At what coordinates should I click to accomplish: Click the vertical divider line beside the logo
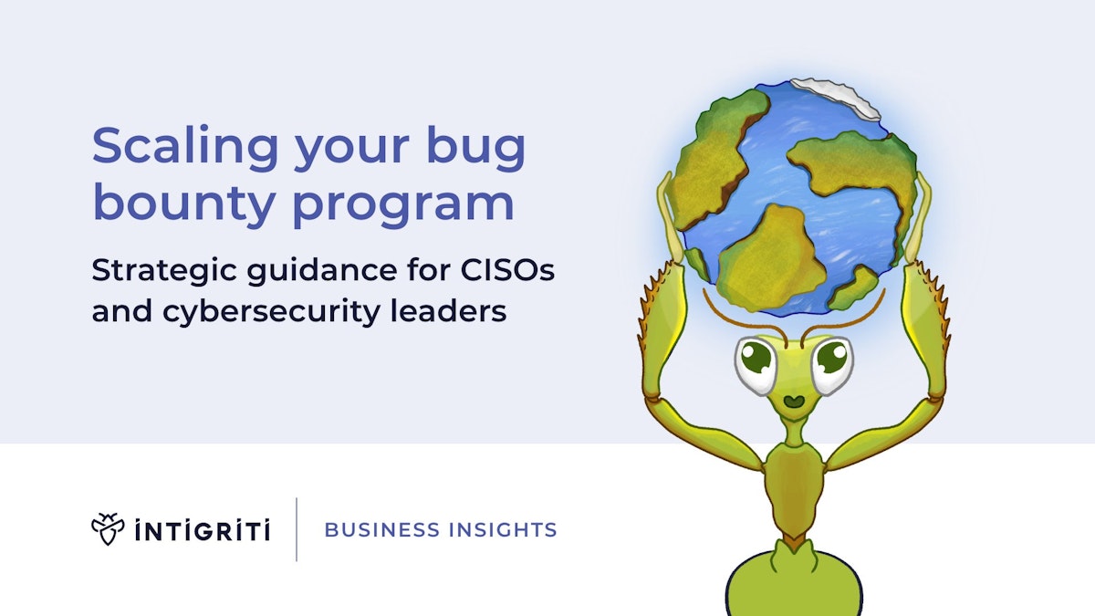pos(297,529)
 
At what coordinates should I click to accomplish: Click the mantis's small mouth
pos(793,400)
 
